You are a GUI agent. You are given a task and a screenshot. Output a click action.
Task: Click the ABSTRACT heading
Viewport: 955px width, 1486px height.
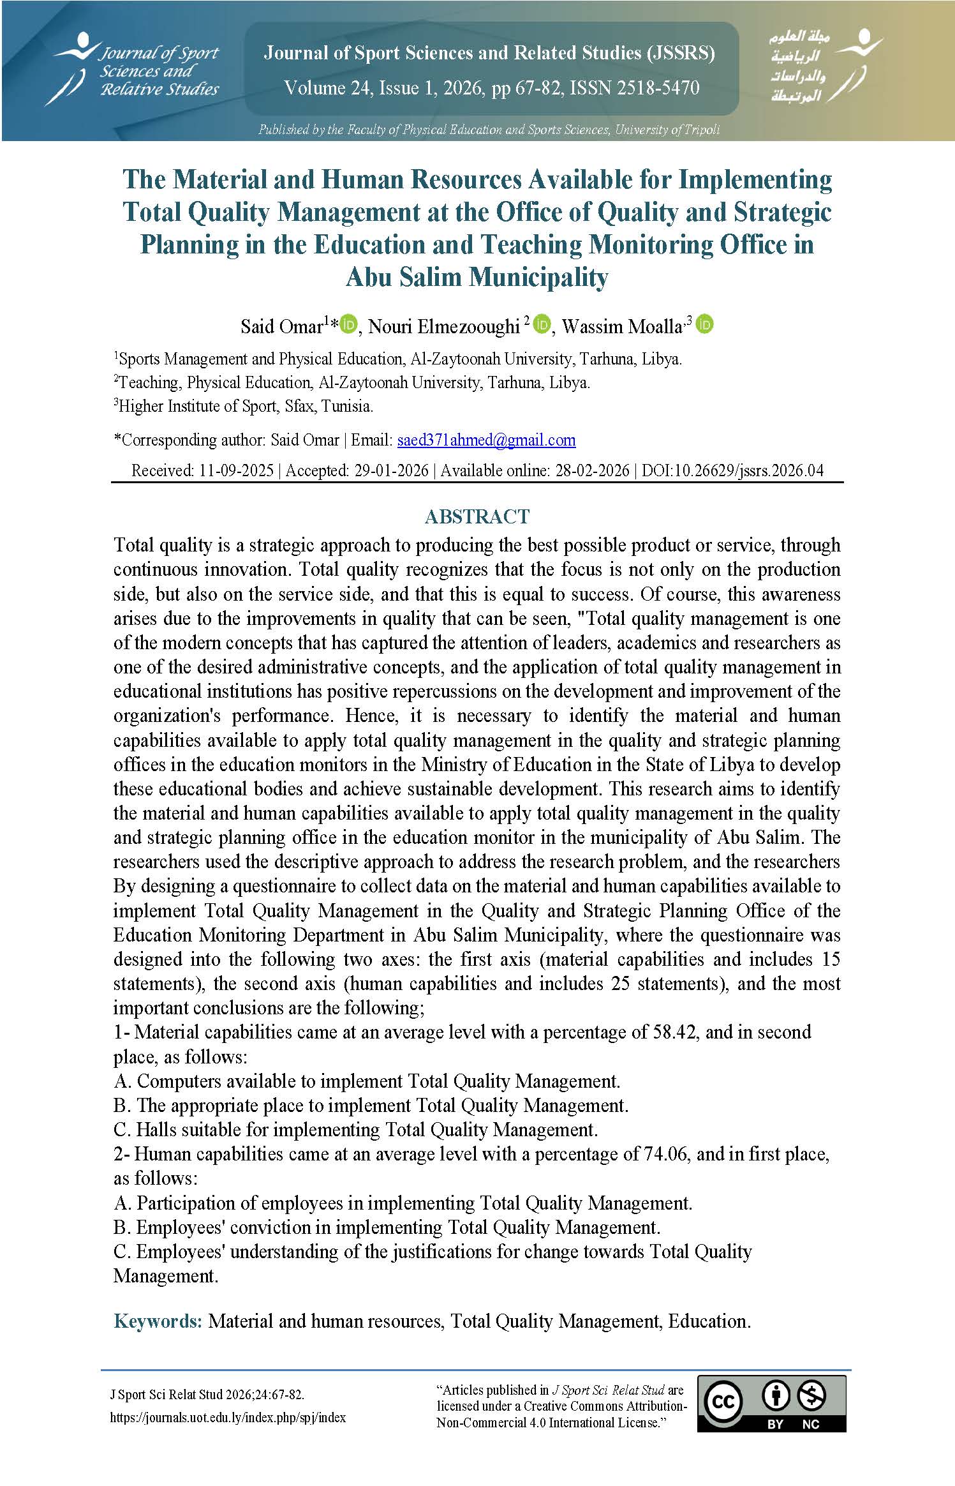pyautogui.click(x=477, y=516)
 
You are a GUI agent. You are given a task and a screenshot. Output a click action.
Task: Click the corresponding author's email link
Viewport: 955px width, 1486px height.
pyautogui.click(x=486, y=440)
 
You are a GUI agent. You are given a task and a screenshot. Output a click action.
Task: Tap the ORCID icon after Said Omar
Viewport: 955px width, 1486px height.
pyautogui.click(x=349, y=325)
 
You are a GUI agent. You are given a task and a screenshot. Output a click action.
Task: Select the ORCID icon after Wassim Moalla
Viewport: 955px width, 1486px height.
pyautogui.click(x=704, y=325)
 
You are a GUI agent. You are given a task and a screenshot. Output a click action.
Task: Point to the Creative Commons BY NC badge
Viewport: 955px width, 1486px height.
pyautogui.click(x=771, y=1403)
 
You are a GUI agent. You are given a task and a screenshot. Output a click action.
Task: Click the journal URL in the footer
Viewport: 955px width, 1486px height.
pyautogui.click(x=228, y=1417)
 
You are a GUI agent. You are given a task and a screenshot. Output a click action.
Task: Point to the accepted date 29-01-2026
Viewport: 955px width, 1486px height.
pyautogui.click(x=391, y=470)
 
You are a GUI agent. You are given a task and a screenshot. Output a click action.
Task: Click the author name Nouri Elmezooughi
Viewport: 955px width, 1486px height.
pyautogui.click(x=444, y=326)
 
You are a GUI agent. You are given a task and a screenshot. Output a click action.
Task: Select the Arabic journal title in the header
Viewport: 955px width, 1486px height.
pyautogui.click(x=800, y=66)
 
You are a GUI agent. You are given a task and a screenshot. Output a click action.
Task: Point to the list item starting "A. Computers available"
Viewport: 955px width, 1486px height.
pyautogui.click(x=367, y=1081)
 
